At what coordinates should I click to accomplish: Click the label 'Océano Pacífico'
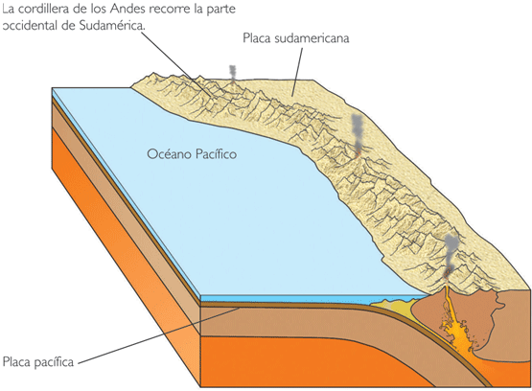coord(192,154)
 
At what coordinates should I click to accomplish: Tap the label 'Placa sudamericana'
coord(296,38)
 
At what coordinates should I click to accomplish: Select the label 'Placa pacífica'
coord(38,362)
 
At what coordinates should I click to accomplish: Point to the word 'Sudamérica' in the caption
coord(112,26)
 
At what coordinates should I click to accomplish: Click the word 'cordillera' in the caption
coord(43,9)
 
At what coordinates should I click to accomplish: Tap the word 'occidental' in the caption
coord(30,26)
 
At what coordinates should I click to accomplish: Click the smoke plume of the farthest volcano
coord(232,73)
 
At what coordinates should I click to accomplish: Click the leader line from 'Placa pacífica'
coord(159,335)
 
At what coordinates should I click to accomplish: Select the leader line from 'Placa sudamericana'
coord(296,72)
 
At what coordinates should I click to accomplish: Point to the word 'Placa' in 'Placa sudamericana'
coord(257,38)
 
